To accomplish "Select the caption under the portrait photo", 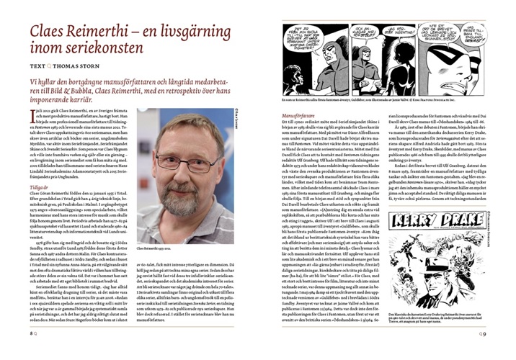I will tap(161, 246).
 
